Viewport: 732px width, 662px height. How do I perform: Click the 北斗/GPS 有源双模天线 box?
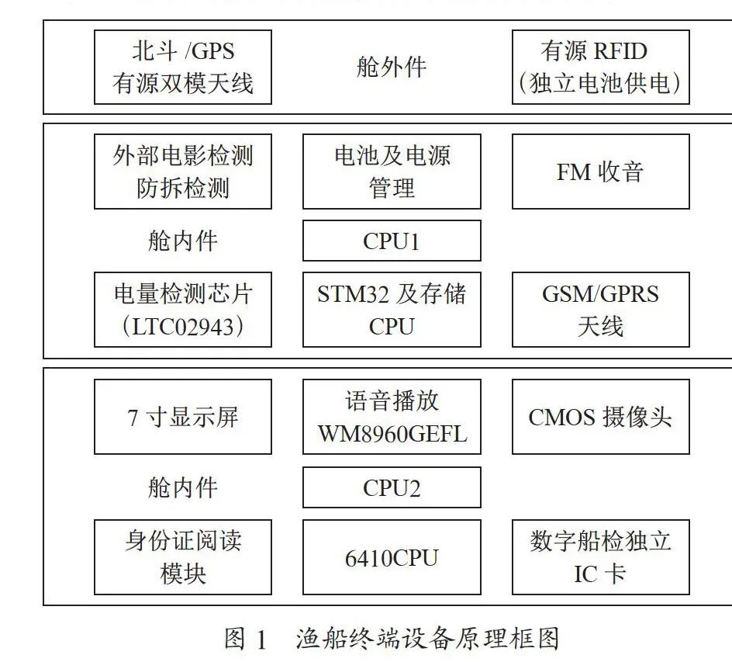click(183, 68)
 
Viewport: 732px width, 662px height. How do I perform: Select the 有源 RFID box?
click(601, 68)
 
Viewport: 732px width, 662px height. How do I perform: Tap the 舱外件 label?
click(392, 67)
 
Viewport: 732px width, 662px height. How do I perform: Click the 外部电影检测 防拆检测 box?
click(183, 172)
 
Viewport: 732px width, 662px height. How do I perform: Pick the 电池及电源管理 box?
click(392, 172)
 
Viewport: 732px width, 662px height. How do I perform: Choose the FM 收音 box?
click(601, 172)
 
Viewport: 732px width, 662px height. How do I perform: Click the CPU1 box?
click(392, 241)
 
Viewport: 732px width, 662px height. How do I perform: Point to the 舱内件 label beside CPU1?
click(182, 241)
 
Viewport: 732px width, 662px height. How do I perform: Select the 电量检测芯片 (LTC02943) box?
click(183, 310)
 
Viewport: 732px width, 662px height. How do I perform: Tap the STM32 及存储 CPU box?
click(392, 310)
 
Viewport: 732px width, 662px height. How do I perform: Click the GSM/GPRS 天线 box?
click(601, 310)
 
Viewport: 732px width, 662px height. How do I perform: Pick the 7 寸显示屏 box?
click(183, 417)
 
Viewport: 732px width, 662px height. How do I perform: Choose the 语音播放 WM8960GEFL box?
click(392, 417)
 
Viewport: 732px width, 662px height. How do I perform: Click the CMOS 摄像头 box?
click(601, 417)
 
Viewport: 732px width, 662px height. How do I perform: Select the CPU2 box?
click(392, 487)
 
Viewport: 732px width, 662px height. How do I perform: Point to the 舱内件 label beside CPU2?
click(182, 487)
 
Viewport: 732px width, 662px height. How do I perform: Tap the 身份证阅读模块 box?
click(183, 557)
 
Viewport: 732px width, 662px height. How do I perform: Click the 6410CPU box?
click(392, 557)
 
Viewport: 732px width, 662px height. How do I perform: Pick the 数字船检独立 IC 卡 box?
click(601, 557)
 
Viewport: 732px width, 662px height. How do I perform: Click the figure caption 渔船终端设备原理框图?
click(427, 639)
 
